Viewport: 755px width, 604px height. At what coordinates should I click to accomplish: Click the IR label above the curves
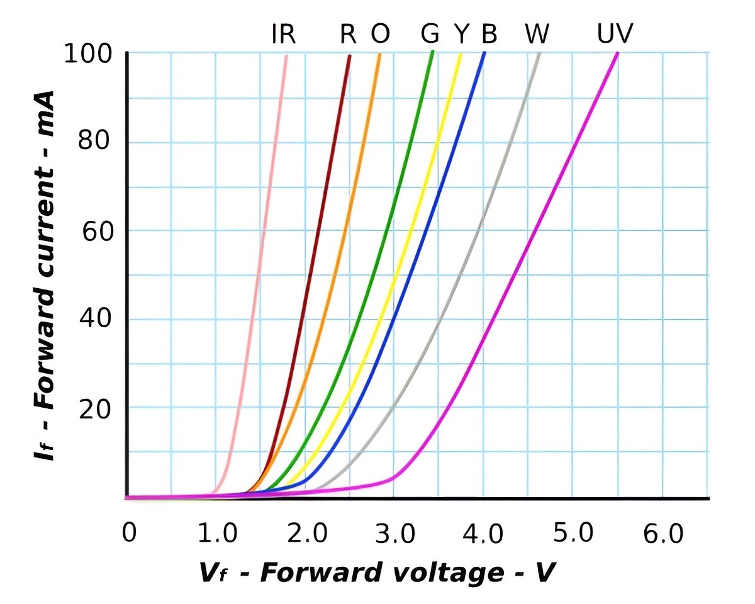coord(283,34)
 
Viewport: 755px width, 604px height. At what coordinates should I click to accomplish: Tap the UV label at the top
coord(615,34)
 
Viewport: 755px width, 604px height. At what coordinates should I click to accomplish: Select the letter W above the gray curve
coord(537,34)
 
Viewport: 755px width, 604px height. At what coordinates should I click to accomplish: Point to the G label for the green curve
coord(430,34)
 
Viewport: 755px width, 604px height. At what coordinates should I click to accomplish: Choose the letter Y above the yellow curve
coord(462,34)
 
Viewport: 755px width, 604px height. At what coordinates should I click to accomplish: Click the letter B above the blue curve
coord(489,34)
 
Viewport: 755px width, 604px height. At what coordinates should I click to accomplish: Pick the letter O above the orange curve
coord(380,34)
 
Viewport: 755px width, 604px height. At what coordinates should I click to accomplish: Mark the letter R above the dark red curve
coord(348,34)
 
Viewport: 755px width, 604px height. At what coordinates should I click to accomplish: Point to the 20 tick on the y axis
coord(95,410)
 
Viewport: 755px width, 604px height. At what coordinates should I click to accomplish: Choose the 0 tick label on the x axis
coord(128,533)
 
